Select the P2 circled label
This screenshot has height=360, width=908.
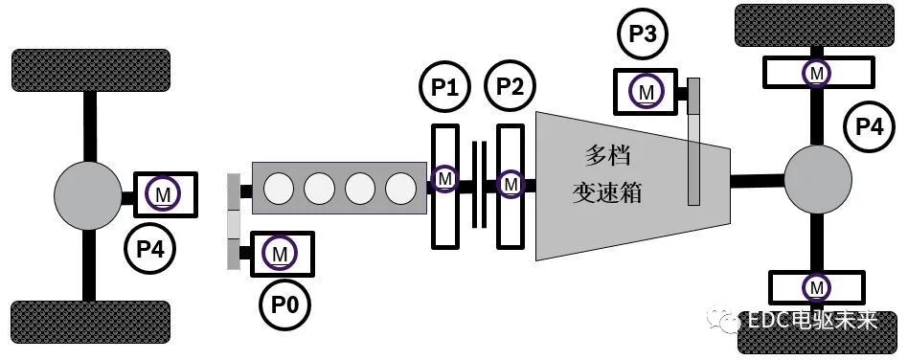[x=511, y=89]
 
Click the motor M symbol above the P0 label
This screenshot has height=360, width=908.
[x=280, y=254]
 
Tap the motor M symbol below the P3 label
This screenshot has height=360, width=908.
[x=647, y=91]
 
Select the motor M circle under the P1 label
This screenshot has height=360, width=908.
[x=444, y=179]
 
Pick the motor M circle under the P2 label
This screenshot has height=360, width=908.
[x=511, y=181]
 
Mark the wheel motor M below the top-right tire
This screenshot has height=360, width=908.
[x=816, y=72]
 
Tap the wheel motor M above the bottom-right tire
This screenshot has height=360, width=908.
[x=816, y=286]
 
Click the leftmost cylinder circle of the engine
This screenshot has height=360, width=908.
[x=279, y=188]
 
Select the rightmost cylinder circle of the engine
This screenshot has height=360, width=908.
[x=399, y=188]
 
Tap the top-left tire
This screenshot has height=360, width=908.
[x=90, y=70]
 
